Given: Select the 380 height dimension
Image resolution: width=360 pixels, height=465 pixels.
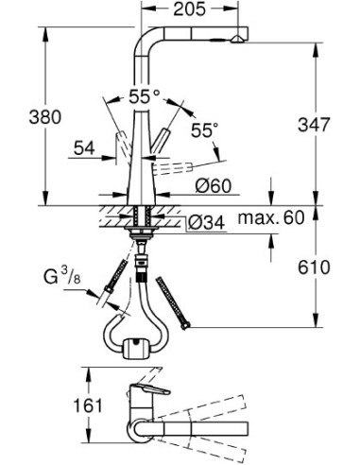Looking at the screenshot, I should click(19, 118).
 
